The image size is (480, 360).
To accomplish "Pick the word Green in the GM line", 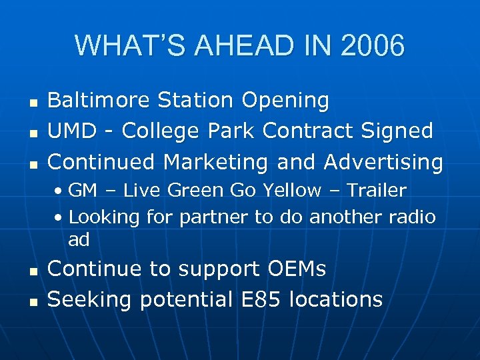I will pyautogui.click(x=195, y=191).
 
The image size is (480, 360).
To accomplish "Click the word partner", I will pyautogui.click(x=201, y=217).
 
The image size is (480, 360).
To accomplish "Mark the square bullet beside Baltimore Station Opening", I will pyautogui.click(x=32, y=102).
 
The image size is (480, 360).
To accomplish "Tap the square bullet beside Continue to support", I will pyautogui.click(x=32, y=271).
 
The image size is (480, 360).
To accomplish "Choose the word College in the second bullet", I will pyautogui.click(x=159, y=131).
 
